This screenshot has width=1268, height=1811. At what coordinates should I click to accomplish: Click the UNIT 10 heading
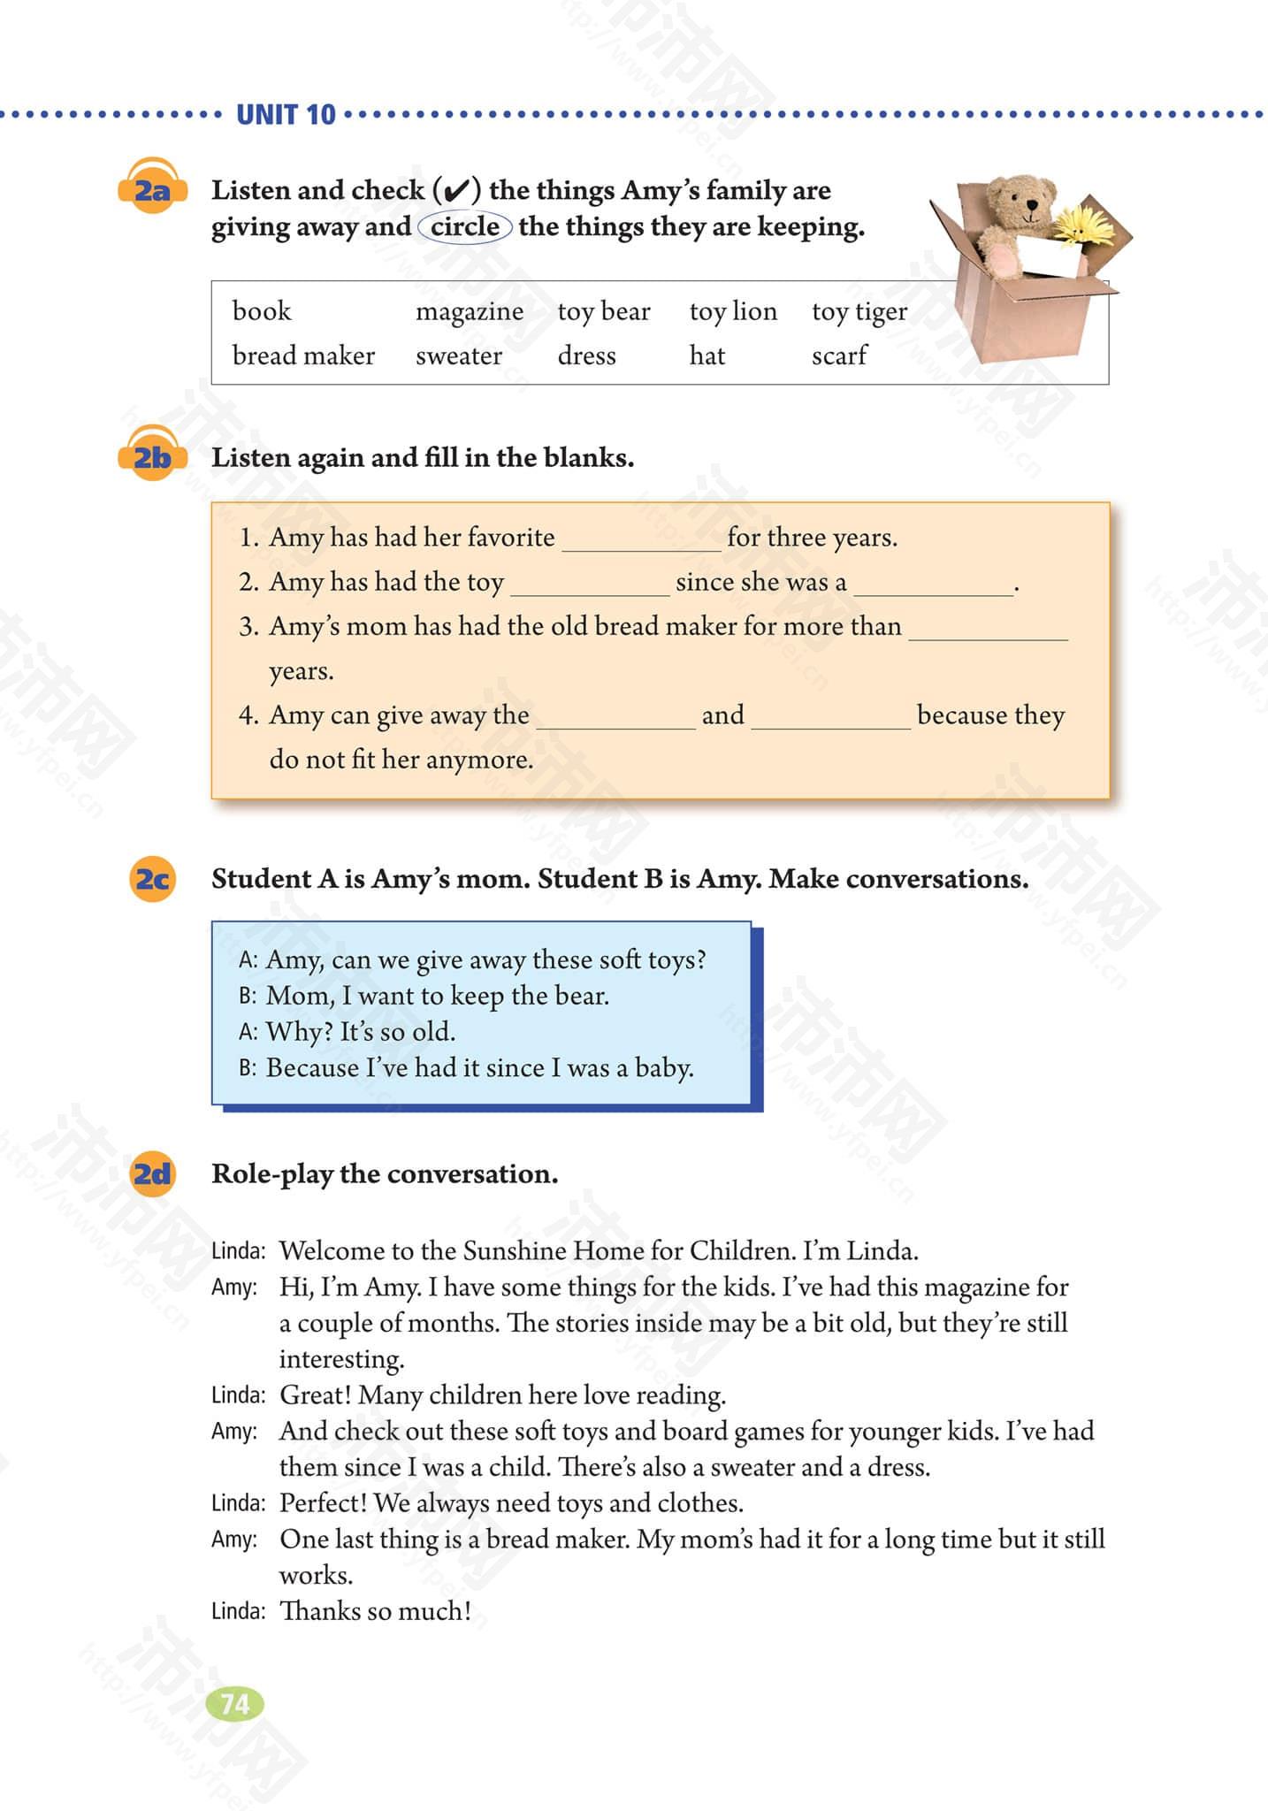click(286, 115)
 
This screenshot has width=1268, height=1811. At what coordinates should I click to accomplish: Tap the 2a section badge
click(152, 188)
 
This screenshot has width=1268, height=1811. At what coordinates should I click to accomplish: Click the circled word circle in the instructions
click(465, 227)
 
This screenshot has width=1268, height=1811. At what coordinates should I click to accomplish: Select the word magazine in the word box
click(469, 312)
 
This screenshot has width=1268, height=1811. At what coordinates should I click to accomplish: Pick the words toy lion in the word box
click(732, 312)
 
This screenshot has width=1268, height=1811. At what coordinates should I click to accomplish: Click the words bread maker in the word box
click(303, 355)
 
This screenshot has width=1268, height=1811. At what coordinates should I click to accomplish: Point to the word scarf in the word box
click(838, 355)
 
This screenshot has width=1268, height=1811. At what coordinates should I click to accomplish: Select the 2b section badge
click(152, 456)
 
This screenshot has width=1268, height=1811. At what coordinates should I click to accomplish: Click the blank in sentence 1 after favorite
click(641, 541)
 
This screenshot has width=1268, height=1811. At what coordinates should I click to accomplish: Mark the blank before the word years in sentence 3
click(988, 630)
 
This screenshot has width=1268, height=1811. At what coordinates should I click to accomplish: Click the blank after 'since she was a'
click(933, 585)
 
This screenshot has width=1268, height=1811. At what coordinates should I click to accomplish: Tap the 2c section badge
click(152, 878)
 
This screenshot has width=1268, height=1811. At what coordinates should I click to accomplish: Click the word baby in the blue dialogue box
click(662, 1068)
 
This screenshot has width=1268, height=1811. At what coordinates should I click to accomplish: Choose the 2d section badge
click(152, 1173)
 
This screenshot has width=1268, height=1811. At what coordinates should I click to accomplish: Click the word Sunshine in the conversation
click(514, 1250)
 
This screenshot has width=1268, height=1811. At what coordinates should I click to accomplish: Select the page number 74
click(234, 1704)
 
